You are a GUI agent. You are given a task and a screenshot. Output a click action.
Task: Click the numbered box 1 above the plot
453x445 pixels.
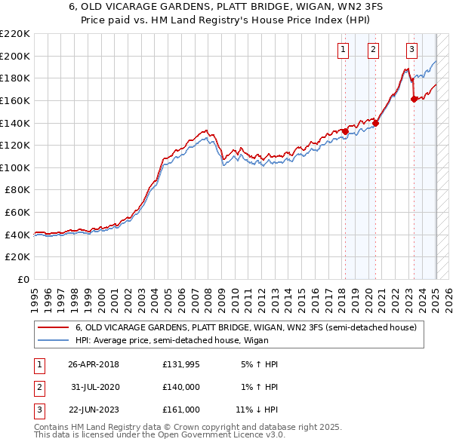[343, 51]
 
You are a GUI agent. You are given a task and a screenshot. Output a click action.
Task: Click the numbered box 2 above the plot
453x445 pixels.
[373, 51]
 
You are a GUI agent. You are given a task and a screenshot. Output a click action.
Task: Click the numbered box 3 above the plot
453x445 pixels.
[411, 51]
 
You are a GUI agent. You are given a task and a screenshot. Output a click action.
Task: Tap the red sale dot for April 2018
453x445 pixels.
[345, 131]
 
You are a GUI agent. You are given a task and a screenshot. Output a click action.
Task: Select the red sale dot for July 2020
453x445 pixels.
[375, 124]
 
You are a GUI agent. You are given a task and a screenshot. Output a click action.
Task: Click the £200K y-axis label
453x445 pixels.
[15, 56]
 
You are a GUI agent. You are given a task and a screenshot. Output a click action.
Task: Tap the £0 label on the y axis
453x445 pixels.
[22, 280]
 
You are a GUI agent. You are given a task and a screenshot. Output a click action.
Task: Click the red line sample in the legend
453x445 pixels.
[53, 328]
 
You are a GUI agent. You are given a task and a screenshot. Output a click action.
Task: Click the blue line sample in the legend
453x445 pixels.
[53, 341]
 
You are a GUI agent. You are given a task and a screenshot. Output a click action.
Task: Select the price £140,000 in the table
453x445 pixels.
[181, 387]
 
